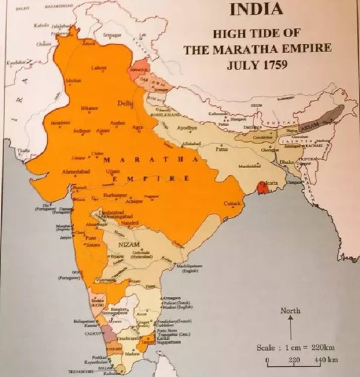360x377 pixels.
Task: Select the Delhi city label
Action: tap(126, 104)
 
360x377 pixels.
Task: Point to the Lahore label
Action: tap(99, 68)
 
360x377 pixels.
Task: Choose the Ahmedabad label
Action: tap(69, 172)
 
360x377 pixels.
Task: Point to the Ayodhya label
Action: tap(187, 128)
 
